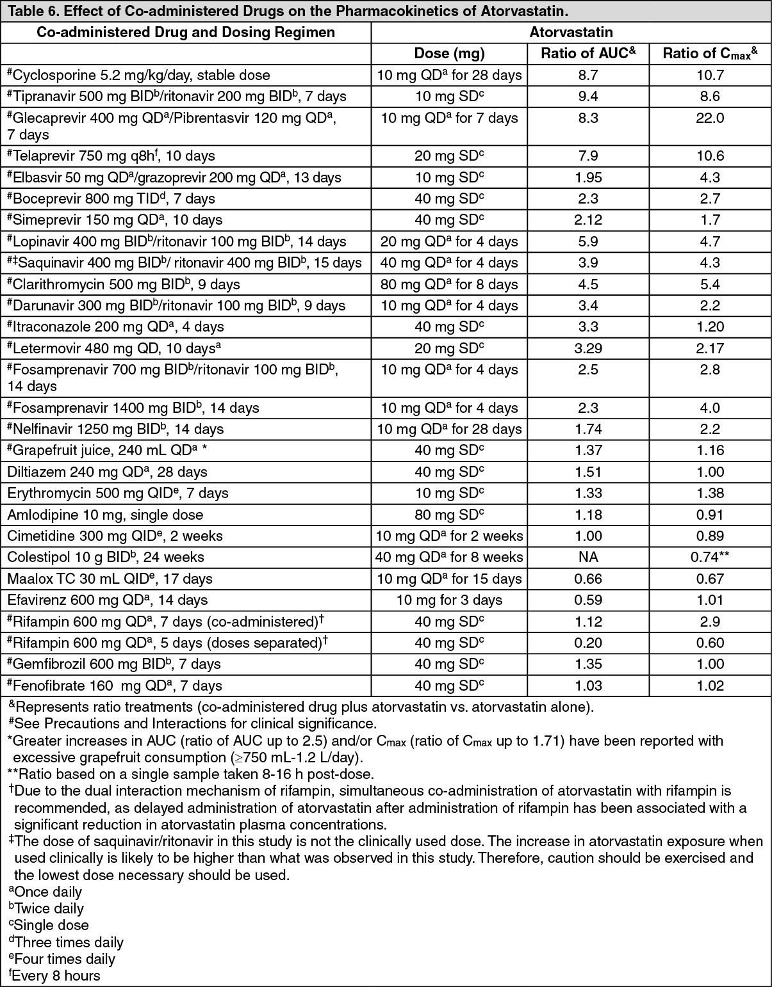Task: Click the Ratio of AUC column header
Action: click(587, 54)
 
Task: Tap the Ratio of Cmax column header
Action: click(710, 54)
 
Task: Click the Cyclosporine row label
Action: click(138, 76)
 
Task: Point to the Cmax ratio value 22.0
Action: click(710, 118)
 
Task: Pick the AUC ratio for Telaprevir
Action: click(587, 156)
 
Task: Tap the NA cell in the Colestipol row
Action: click(587, 558)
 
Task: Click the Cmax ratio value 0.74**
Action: click(710, 558)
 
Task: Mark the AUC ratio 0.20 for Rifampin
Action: click(587, 643)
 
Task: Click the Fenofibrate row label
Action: click(115, 686)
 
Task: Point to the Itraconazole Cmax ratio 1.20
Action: click(710, 327)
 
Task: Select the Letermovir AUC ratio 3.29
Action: click(587, 349)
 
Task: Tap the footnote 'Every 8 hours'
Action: click(56, 976)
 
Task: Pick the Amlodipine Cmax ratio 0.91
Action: click(710, 515)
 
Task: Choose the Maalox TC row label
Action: click(110, 579)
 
